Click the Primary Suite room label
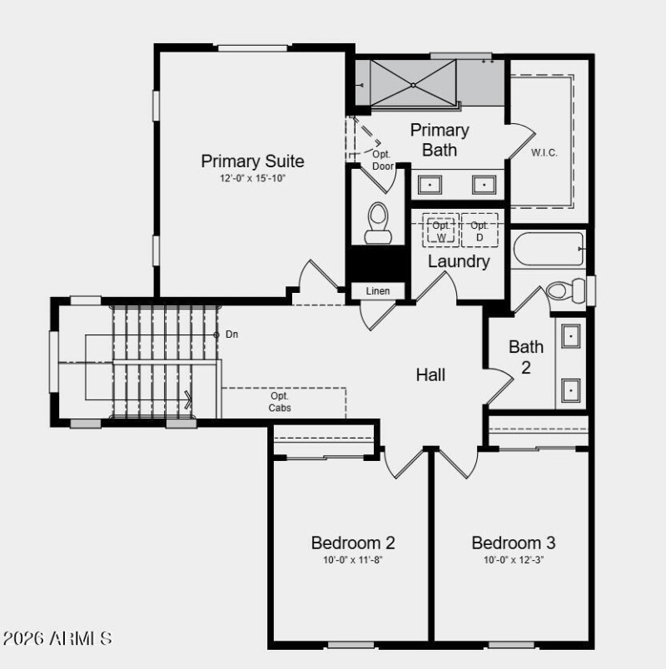pyautogui.click(x=252, y=161)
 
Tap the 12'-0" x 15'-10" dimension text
pyautogui.click(x=252, y=179)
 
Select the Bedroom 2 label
pyautogui.click(x=353, y=543)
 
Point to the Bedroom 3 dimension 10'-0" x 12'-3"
pyautogui.click(x=514, y=560)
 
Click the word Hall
pyautogui.click(x=430, y=375)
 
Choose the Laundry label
pyautogui.click(x=458, y=261)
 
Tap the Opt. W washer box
pyautogui.click(x=441, y=230)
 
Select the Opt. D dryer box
pyautogui.click(x=480, y=230)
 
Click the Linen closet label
pyautogui.click(x=378, y=291)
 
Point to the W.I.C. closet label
pyautogui.click(x=544, y=153)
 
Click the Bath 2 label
pyautogui.click(x=526, y=357)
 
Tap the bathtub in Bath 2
pyautogui.click(x=548, y=249)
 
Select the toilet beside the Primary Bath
pyautogui.click(x=379, y=222)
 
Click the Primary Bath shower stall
pyautogui.click(x=413, y=84)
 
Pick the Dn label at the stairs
pyautogui.click(x=232, y=334)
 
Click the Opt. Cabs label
pyautogui.click(x=280, y=402)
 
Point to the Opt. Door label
pyautogui.click(x=382, y=161)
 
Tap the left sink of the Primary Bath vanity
pyautogui.click(x=430, y=185)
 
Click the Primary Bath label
pyautogui.click(x=440, y=140)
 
